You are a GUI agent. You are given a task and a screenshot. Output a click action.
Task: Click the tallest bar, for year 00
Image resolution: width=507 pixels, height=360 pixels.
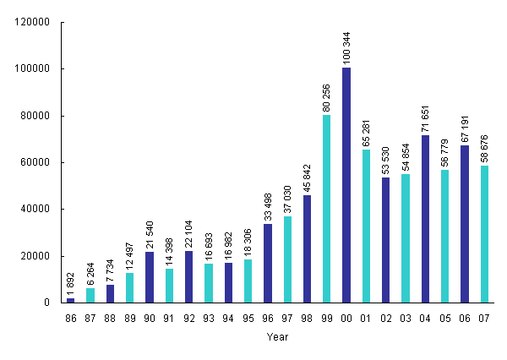tap(346, 185)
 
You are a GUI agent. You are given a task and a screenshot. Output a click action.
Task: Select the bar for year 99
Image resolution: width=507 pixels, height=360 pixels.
tap(326, 209)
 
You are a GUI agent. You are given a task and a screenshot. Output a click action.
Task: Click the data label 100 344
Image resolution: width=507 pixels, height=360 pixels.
tap(346, 47)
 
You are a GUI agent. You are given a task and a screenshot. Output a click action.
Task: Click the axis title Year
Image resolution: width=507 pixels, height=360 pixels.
tap(276, 336)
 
